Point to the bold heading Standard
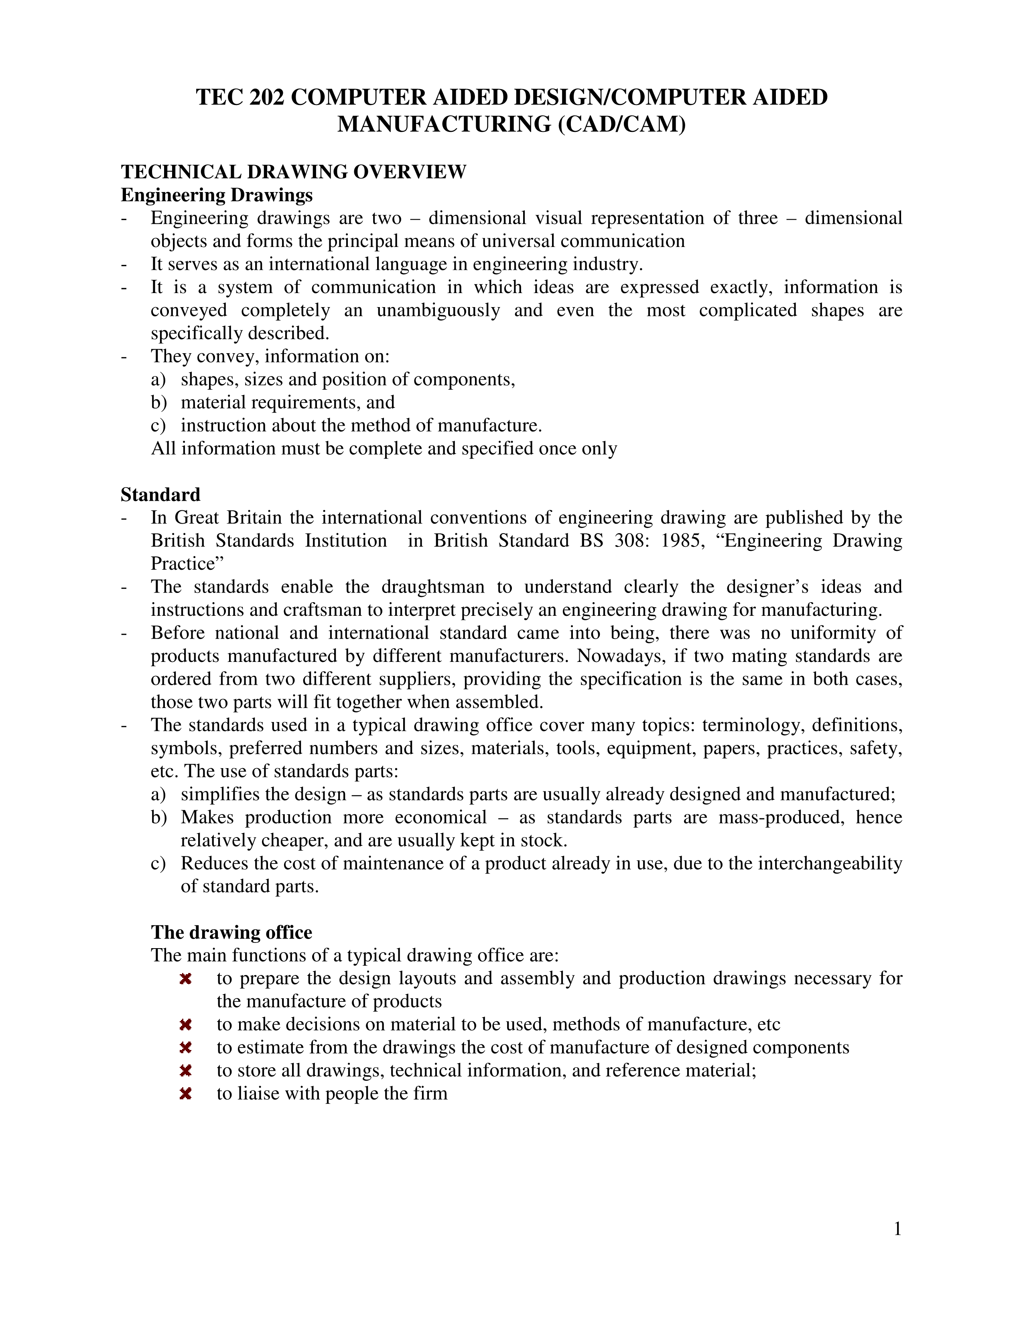pyautogui.click(x=160, y=495)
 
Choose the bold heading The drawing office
pyautogui.click(x=231, y=932)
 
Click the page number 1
pyautogui.click(x=897, y=1229)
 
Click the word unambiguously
pyautogui.click(x=438, y=311)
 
